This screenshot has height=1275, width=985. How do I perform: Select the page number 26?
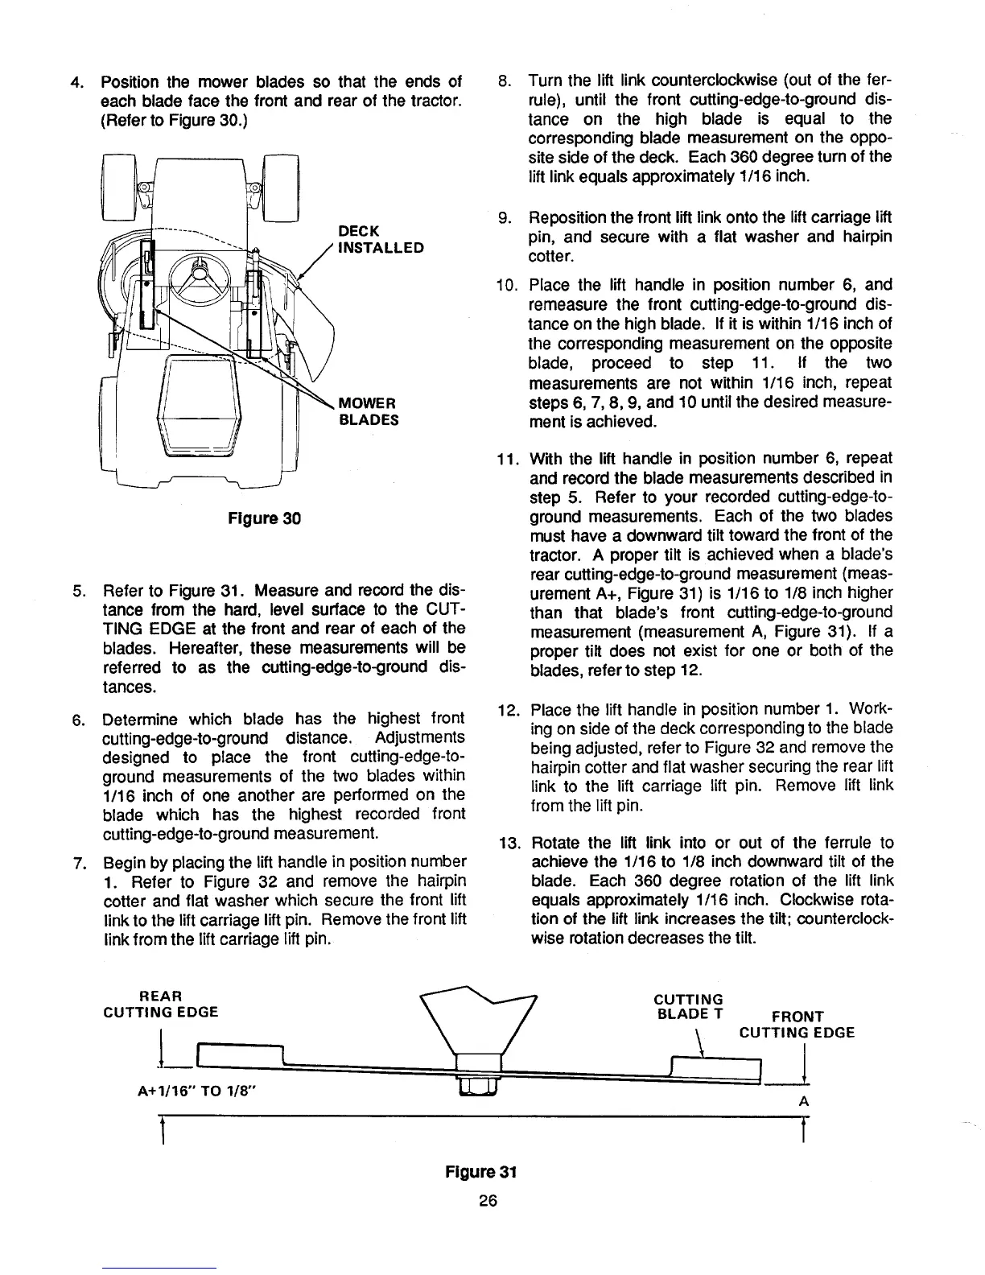[x=488, y=1201]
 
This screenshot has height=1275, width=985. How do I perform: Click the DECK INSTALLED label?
[x=381, y=239]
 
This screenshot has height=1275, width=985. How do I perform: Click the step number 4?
[x=76, y=83]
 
